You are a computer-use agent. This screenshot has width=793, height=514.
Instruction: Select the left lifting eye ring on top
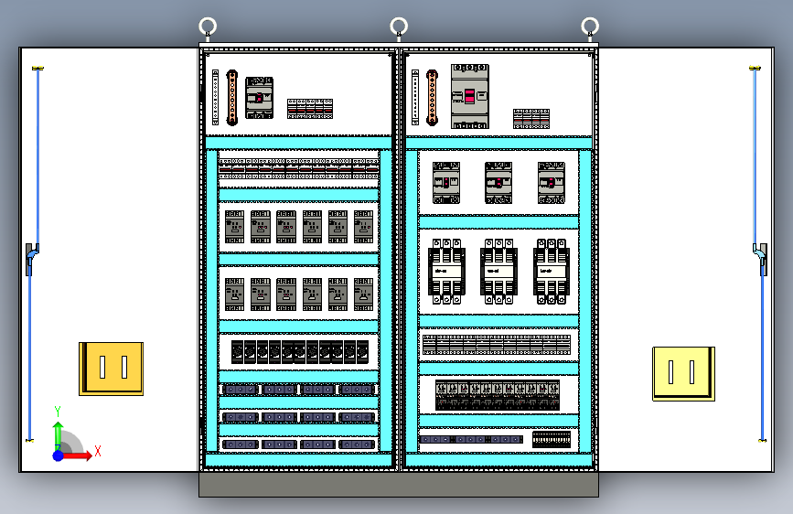(208, 26)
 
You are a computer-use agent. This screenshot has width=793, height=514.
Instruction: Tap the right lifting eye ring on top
(591, 26)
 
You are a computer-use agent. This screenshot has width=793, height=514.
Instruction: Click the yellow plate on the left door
(111, 368)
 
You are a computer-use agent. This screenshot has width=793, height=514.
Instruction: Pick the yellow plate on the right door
(682, 372)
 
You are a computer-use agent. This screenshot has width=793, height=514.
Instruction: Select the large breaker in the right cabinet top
(470, 96)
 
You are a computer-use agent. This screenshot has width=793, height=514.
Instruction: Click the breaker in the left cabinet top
(260, 98)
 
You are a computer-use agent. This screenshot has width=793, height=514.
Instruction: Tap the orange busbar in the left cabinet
(232, 98)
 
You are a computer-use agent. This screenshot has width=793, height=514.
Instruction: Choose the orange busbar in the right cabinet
(431, 98)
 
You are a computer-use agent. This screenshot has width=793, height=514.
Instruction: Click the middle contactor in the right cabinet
(499, 272)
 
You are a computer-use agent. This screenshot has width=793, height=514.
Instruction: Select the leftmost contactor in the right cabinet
(446, 272)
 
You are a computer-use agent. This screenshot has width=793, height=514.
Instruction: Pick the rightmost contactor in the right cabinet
(552, 272)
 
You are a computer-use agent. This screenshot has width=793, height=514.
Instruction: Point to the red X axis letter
(97, 451)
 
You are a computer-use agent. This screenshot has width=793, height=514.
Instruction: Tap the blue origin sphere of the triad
(58, 455)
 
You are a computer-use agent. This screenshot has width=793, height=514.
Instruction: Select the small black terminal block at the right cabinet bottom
(552, 439)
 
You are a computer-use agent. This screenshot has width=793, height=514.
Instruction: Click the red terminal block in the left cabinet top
(310, 109)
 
